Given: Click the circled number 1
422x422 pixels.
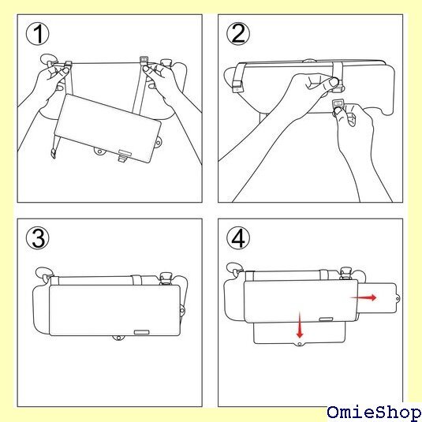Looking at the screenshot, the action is click(x=38, y=34).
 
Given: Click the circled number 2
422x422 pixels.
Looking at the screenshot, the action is click(x=238, y=34).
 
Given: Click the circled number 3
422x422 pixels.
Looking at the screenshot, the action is click(x=38, y=238).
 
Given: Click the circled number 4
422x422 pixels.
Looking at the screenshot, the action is click(x=238, y=238).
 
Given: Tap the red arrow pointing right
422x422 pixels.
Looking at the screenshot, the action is click(x=364, y=297).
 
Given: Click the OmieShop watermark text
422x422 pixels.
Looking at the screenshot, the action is click(x=374, y=412).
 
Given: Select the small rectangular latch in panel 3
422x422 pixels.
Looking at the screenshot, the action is click(x=141, y=332).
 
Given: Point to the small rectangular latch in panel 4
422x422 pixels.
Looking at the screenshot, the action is click(x=326, y=319).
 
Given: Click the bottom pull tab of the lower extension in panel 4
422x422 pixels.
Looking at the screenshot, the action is click(x=300, y=344).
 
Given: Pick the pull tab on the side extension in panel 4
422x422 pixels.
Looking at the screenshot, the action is click(x=398, y=298).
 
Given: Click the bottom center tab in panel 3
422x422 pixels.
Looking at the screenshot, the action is click(x=118, y=338).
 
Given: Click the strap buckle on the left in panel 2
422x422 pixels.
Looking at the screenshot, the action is click(x=237, y=86).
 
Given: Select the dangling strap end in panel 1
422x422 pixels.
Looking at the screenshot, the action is click(x=54, y=153).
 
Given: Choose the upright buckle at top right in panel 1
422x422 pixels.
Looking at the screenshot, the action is click(x=144, y=60).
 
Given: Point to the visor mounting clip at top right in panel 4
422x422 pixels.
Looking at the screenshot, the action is click(x=345, y=274).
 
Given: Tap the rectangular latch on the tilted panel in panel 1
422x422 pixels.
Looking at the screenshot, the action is click(x=125, y=152).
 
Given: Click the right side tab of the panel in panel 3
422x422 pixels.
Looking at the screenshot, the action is click(x=182, y=311).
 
